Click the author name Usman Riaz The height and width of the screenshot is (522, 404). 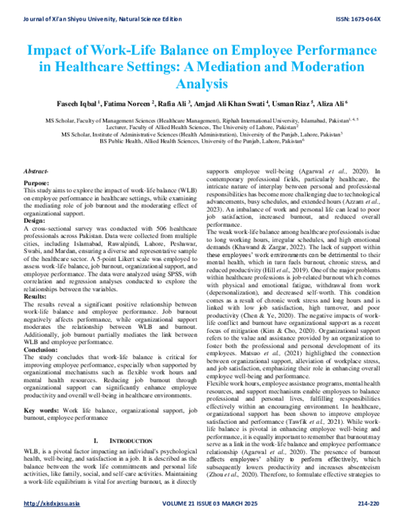[x=294, y=104]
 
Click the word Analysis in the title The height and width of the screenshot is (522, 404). [x=202, y=84]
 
